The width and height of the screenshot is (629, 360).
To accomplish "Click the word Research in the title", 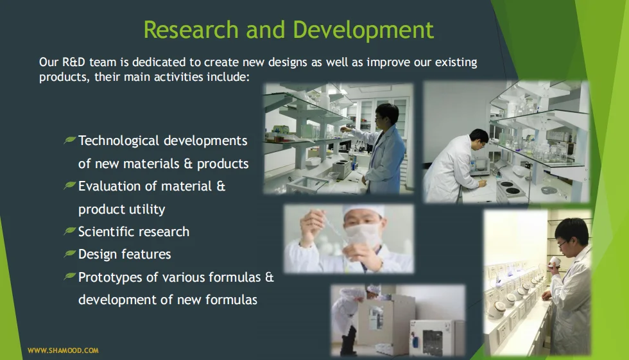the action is (x=191, y=30).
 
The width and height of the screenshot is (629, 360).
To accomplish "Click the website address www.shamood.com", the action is (x=63, y=350).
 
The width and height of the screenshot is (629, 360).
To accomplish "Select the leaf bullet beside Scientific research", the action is (x=70, y=230).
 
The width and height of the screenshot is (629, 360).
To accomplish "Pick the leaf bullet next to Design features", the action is (x=70, y=253).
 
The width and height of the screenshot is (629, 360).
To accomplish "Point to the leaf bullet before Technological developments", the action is (x=70, y=139).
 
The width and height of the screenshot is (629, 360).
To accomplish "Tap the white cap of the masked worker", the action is (x=363, y=212).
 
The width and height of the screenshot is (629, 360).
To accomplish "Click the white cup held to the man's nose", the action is (x=556, y=261).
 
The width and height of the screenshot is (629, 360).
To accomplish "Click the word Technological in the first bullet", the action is (x=119, y=141).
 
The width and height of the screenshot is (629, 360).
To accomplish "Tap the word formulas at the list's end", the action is (x=231, y=300).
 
